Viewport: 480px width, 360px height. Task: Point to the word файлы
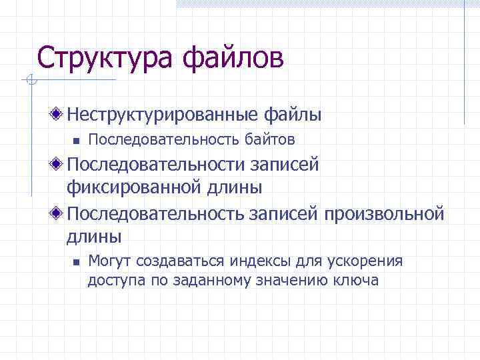297,115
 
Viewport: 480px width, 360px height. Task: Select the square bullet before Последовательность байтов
76,141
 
